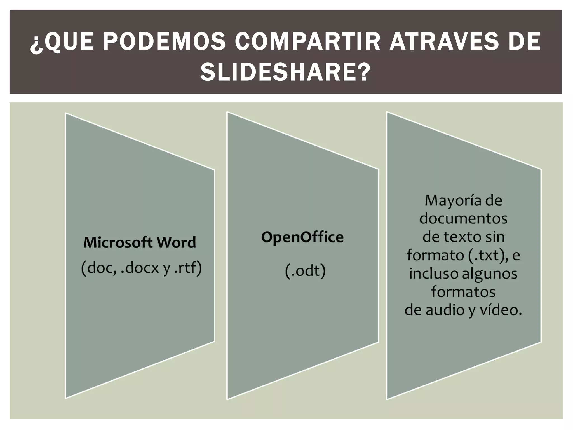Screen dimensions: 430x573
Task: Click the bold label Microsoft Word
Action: tap(140, 242)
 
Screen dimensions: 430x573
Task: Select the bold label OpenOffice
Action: tap(302, 237)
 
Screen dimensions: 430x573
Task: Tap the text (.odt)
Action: tap(305, 271)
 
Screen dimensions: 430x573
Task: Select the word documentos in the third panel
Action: tap(463, 218)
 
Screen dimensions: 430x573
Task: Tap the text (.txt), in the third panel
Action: tap(488, 255)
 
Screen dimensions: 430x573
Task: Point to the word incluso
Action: tap(434, 274)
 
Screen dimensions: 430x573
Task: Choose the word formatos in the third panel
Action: tap(463, 292)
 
